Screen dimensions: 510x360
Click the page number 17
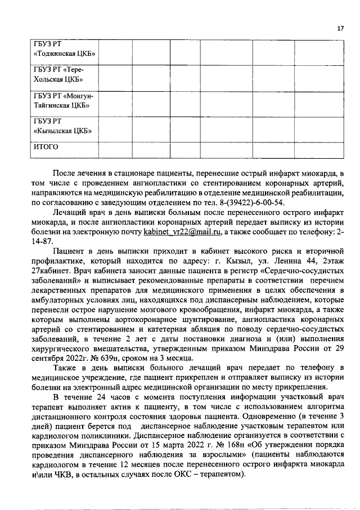click(x=340, y=29)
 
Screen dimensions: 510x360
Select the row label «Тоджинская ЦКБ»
click(x=64, y=53)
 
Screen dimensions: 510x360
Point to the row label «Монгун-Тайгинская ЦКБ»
click(x=63, y=100)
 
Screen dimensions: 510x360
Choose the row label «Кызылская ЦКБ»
click(x=63, y=131)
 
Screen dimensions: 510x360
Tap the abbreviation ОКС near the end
click(x=194, y=473)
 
